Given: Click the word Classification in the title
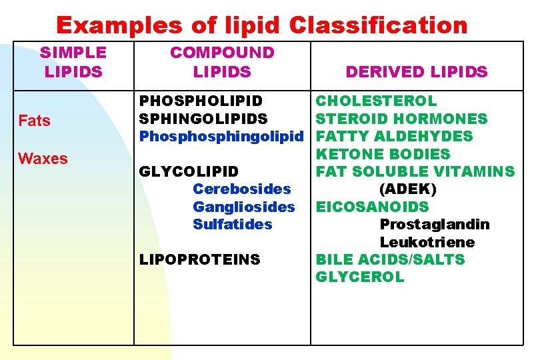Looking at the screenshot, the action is [x=379, y=25].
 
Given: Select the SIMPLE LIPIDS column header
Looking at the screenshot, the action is [x=73, y=61].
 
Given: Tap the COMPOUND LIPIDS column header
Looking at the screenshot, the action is [x=222, y=61].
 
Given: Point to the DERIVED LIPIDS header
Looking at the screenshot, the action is [x=417, y=71].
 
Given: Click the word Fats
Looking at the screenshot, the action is [x=34, y=121].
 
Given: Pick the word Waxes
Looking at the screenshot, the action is [x=43, y=159].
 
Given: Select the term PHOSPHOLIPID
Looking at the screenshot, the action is [x=201, y=101].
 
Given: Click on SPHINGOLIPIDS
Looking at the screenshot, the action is [x=203, y=119].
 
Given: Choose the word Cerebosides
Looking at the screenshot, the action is [x=242, y=189].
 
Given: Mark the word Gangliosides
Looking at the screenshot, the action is [x=243, y=207].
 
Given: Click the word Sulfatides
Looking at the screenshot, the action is [x=233, y=224].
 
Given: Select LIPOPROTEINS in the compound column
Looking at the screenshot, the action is [x=200, y=259].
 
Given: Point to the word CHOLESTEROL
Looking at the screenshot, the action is [x=376, y=101].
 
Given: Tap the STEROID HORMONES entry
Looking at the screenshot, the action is [x=401, y=119].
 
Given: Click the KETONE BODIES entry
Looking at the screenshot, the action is [x=383, y=154].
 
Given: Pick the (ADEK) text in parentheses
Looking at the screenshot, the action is [x=408, y=189].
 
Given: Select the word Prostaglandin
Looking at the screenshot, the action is [x=435, y=224].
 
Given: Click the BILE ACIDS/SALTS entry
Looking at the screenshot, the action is [x=390, y=259].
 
